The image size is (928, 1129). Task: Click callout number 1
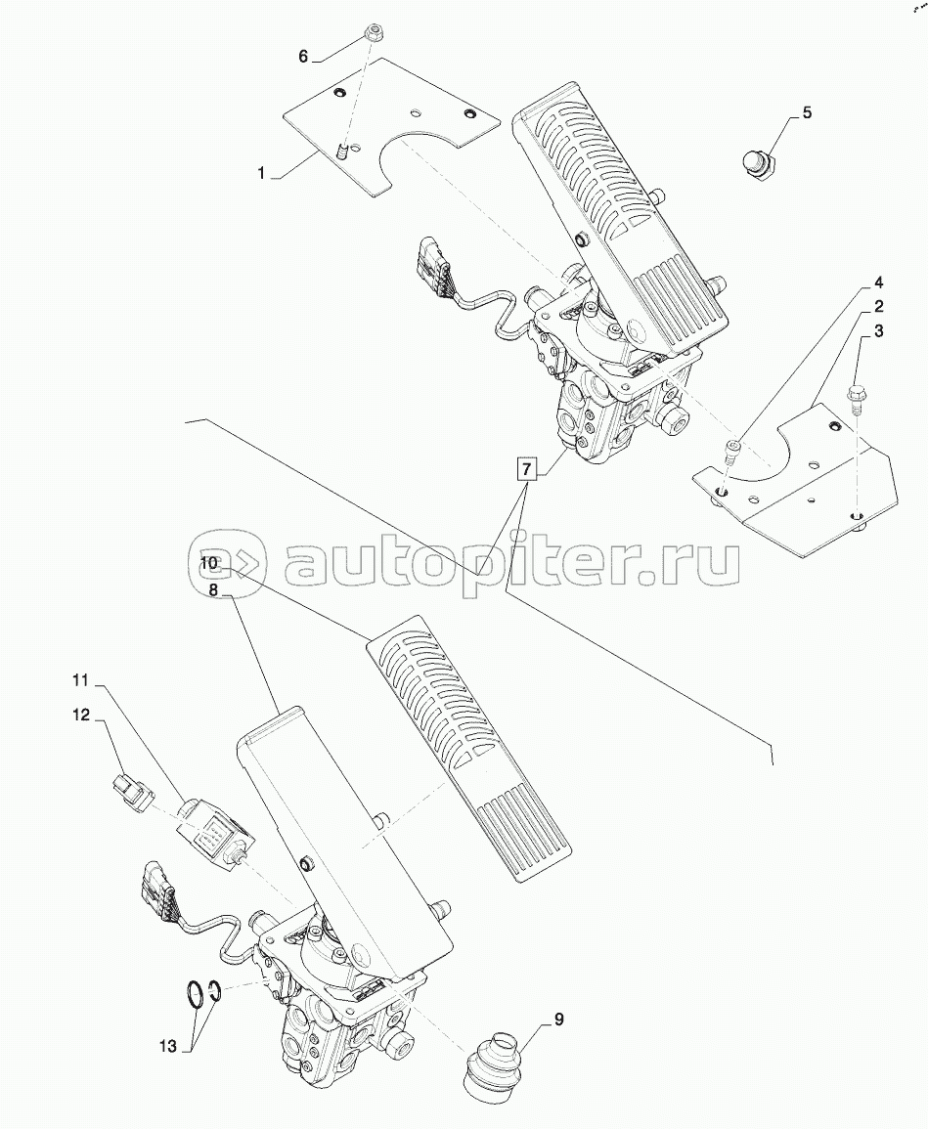pos(262,173)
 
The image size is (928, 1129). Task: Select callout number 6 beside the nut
pos(303,57)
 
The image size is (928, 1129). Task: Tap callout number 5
pos(806,112)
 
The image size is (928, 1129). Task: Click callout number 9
pos(558,1020)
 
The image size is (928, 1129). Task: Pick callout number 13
pos(168,1046)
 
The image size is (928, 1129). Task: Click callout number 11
pos(79,678)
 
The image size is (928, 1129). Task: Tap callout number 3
pos(878,331)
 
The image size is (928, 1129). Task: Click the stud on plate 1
pos(342,152)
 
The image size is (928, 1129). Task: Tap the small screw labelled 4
pos(733,449)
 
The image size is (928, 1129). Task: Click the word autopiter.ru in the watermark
pos(508,564)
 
